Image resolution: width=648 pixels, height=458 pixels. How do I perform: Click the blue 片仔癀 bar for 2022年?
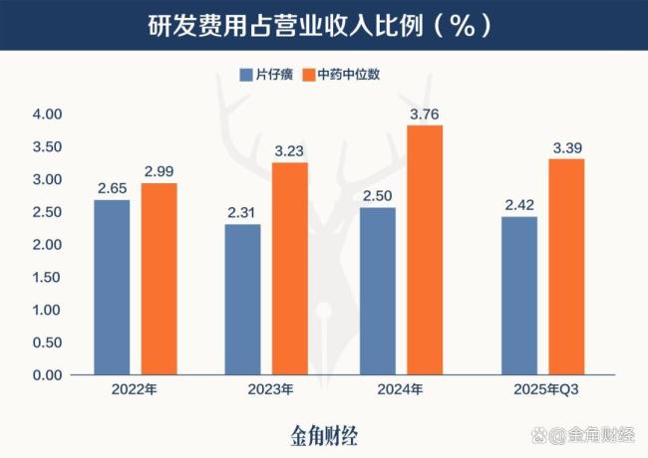[x=113, y=287]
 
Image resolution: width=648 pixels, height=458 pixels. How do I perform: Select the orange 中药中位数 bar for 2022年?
[x=159, y=279]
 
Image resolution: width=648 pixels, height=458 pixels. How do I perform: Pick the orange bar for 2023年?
[x=289, y=269]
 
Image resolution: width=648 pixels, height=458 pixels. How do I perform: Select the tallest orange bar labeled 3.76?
[x=425, y=250]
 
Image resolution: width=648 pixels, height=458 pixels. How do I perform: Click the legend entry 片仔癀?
[x=265, y=75]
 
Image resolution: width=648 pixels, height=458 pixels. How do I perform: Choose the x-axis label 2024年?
[x=402, y=390]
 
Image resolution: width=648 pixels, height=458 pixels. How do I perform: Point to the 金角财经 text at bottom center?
[x=323, y=434]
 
